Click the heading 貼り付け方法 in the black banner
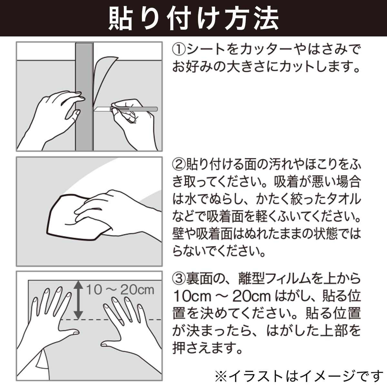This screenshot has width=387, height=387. [193, 18]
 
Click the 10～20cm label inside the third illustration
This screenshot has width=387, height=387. [120, 290]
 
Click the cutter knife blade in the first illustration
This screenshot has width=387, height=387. [103, 109]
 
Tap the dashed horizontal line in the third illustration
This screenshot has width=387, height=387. [111, 319]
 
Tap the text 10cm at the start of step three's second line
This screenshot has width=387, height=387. [191, 296]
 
